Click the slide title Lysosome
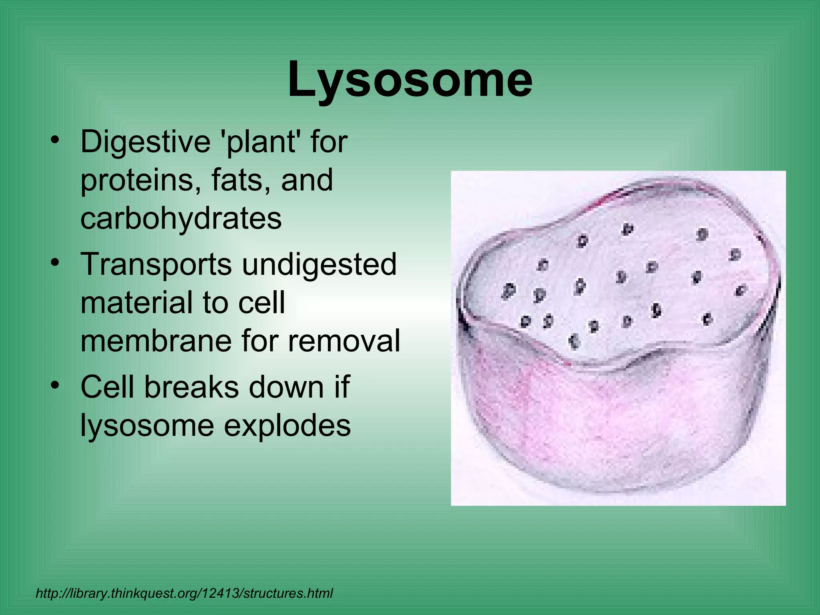410,80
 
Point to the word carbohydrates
181,219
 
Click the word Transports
156,264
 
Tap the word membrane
155,340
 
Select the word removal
344,340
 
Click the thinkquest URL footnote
184,593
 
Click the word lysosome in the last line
147,426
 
